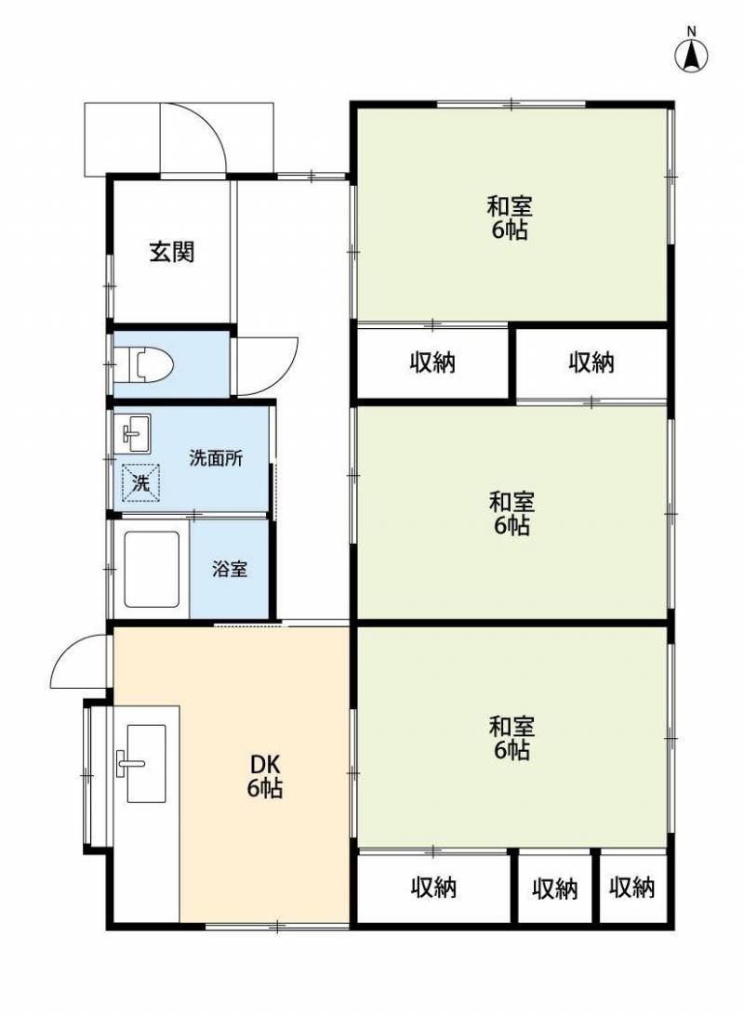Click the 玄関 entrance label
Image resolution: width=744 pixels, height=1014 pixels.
tap(172, 252)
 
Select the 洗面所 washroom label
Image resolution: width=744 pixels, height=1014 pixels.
tap(216, 458)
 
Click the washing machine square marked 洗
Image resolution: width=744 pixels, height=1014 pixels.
tap(141, 482)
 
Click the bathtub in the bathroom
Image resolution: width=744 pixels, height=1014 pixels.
tap(152, 569)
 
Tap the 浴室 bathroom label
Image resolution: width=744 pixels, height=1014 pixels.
tap(230, 569)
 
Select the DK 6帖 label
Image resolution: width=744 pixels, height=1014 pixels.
tap(265, 776)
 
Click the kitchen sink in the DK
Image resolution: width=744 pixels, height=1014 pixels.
tap(146, 763)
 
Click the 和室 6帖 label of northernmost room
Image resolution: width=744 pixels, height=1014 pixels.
tap(509, 217)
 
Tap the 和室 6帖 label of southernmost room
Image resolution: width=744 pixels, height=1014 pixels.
tap(511, 738)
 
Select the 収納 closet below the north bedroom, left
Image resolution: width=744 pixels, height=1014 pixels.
tap(432, 362)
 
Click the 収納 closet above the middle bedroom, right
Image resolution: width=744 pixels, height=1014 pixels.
tap(591, 362)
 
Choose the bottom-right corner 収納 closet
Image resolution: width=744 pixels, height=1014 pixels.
tap(632, 888)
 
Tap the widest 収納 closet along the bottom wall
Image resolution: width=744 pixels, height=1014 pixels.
tap(433, 888)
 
